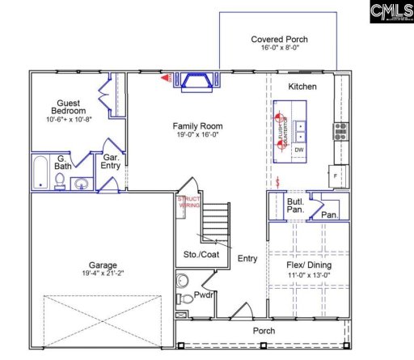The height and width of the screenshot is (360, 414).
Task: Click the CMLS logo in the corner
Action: tap(391, 14)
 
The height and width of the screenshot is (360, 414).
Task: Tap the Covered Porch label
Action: tap(279, 39)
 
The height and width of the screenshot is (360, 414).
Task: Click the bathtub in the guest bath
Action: tap(42, 172)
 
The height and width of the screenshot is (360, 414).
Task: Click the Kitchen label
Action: tap(302, 87)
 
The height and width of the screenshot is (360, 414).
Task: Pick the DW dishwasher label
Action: tap(299, 150)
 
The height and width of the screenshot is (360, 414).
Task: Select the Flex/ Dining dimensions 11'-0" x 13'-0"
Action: tap(309, 276)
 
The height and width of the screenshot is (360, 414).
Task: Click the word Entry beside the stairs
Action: tap(247, 259)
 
